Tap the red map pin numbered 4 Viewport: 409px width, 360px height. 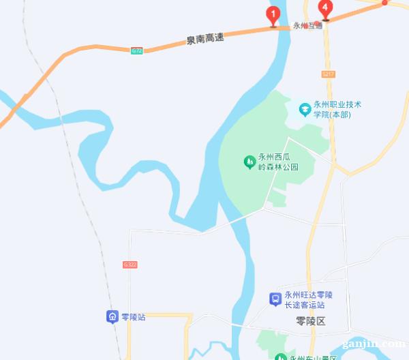(x=326, y=10)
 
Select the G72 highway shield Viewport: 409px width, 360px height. (x=137, y=50)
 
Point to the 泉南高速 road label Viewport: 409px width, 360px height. (x=205, y=39)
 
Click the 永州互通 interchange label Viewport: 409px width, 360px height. (x=307, y=26)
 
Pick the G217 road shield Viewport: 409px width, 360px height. (x=330, y=73)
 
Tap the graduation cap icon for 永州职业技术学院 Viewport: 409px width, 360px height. (x=305, y=108)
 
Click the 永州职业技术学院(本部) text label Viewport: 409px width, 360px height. (x=337, y=110)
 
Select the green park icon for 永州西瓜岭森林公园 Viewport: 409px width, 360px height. (x=249, y=162)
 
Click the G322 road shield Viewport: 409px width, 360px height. (x=130, y=264)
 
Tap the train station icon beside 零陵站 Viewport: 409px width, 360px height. (x=111, y=316)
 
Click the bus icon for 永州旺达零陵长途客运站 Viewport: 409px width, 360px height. (x=275, y=299)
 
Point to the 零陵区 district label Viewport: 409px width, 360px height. (x=312, y=320)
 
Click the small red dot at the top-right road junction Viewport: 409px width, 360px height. (x=384, y=3)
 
